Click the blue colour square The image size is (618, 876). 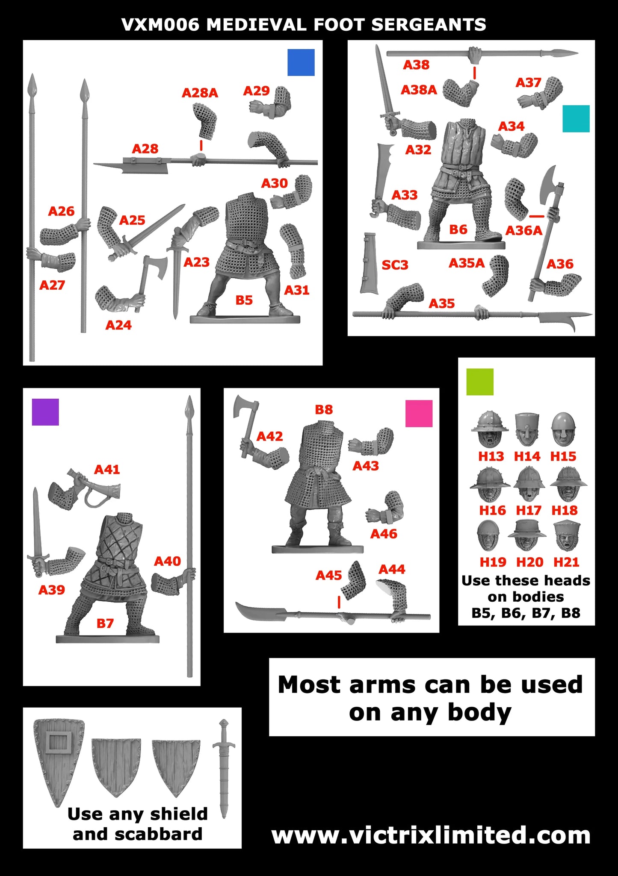pyautogui.click(x=301, y=62)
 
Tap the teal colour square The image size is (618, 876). pyautogui.click(x=576, y=118)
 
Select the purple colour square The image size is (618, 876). pyautogui.click(x=45, y=412)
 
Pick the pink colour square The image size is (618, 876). pyautogui.click(x=419, y=413)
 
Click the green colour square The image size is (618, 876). pyautogui.click(x=480, y=382)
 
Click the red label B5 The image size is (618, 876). pyautogui.click(x=244, y=300)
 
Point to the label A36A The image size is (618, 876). pyautogui.click(x=523, y=231)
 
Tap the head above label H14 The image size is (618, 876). pyautogui.click(x=527, y=429)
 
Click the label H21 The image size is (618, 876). pyautogui.click(x=566, y=562)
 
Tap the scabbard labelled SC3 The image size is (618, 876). pyautogui.click(x=369, y=263)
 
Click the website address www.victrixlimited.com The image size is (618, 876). pyautogui.click(x=431, y=835)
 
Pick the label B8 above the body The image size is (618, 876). pyautogui.click(x=323, y=409)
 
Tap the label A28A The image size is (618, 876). pyautogui.click(x=200, y=93)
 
